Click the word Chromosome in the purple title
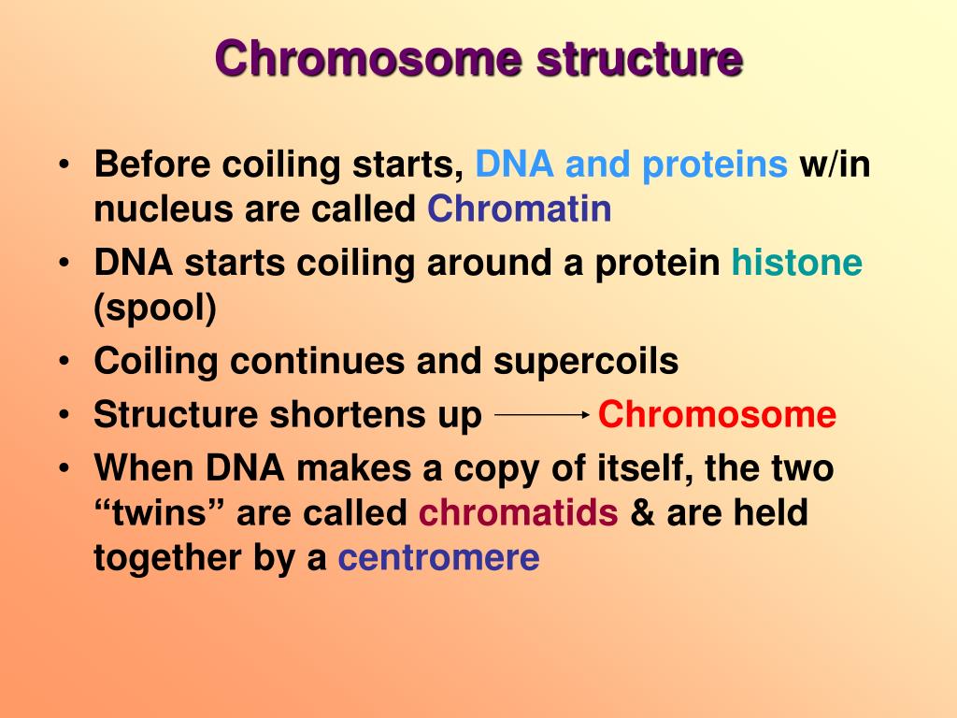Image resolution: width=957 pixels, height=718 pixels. tap(368, 59)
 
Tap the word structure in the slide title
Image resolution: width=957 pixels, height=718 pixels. tap(639, 59)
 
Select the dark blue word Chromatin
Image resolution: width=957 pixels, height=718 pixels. tap(520, 208)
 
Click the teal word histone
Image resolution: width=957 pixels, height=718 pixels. tap(797, 263)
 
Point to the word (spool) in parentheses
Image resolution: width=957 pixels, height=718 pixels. tap(155, 308)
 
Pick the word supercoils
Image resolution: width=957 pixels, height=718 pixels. tap(586, 362)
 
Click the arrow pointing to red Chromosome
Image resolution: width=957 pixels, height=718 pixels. tap(542, 414)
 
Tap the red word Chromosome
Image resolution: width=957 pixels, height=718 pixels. tap(717, 414)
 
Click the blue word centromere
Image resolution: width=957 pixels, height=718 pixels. tap(439, 558)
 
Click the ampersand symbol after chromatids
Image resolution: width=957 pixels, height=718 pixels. tap(642, 512)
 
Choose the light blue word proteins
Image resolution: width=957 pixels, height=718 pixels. tap(715, 165)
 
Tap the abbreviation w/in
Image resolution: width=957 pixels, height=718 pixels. tap(835, 165)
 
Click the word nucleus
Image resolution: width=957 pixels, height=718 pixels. tap(163, 209)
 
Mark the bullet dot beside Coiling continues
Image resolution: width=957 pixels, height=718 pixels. tap(64, 362)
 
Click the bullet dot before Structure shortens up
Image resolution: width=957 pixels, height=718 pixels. tap(64, 415)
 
